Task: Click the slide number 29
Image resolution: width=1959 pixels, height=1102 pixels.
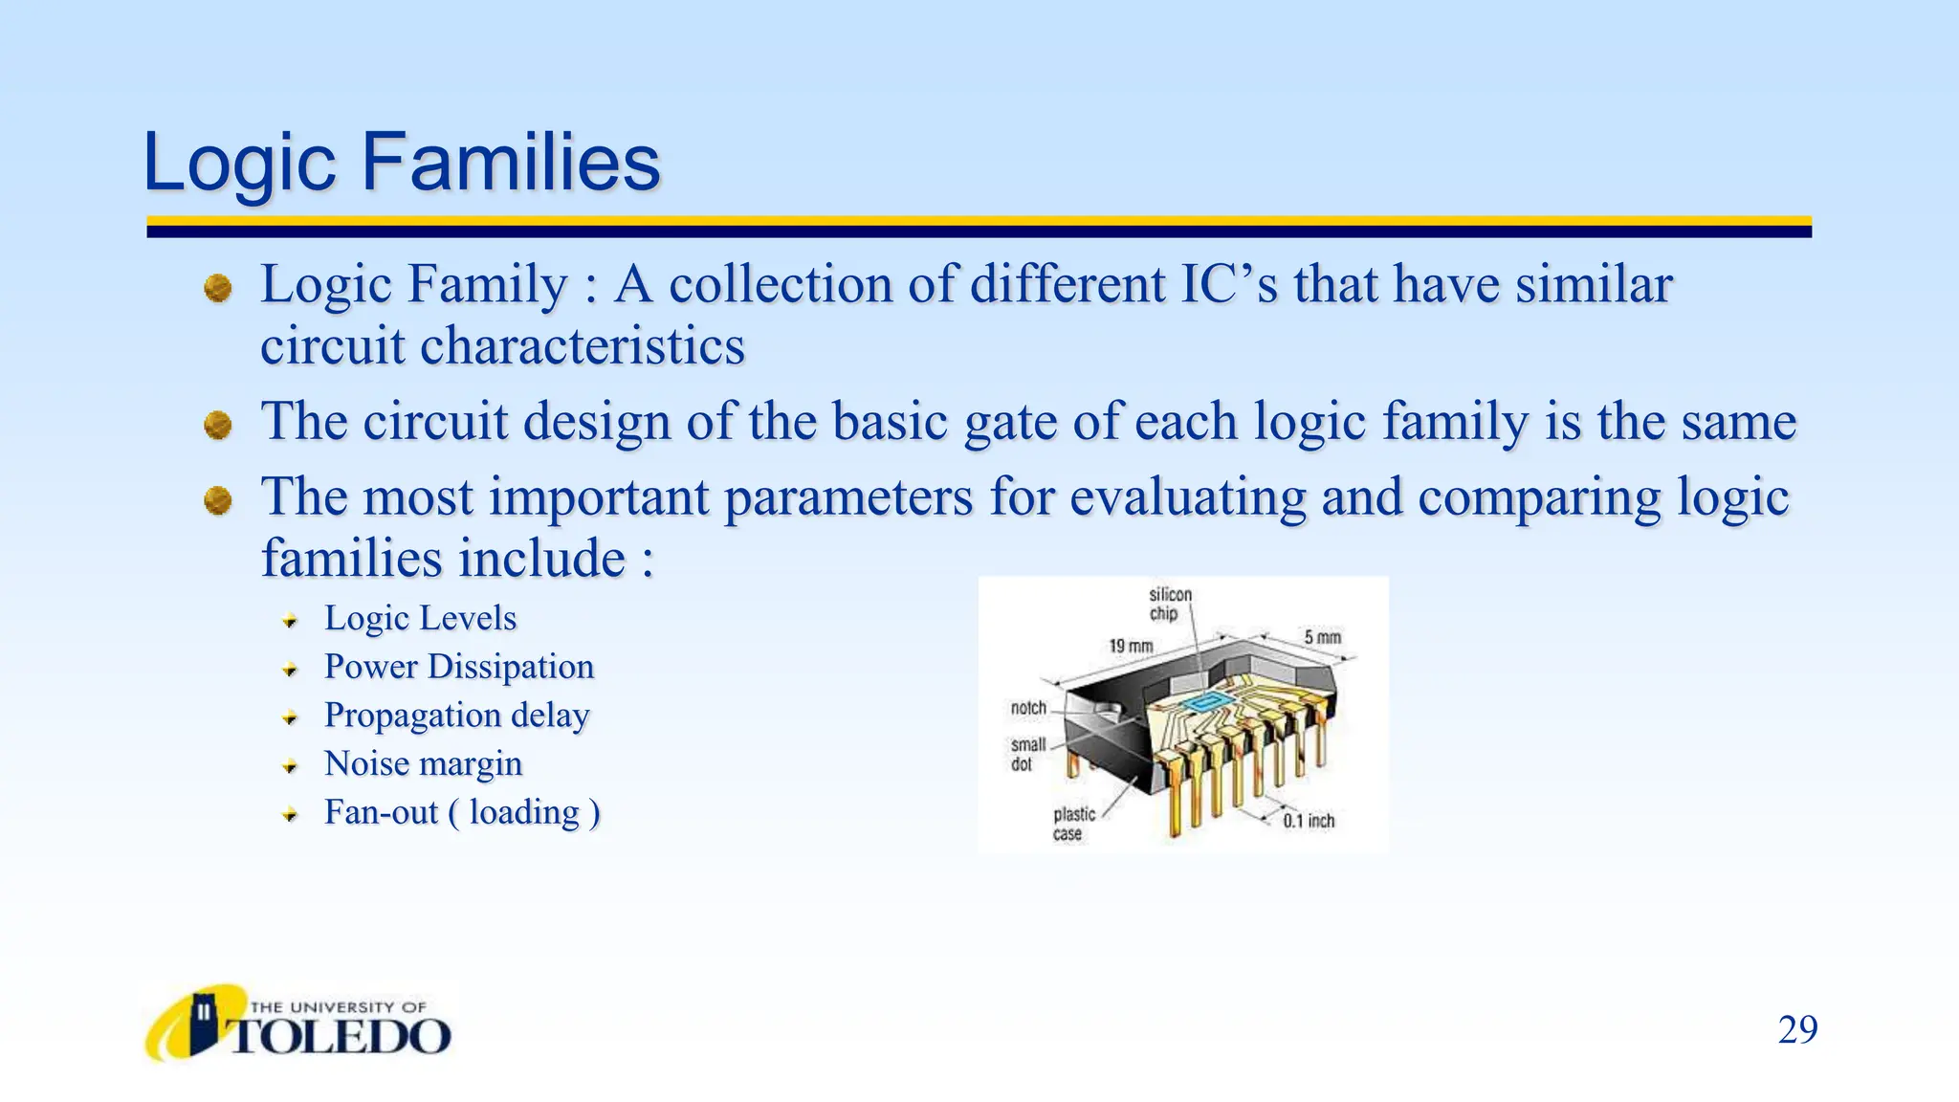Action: click(x=1796, y=1030)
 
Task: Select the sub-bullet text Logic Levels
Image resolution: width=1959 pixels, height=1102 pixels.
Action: click(x=420, y=618)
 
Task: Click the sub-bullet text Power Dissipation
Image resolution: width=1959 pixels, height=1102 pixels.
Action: click(x=458, y=667)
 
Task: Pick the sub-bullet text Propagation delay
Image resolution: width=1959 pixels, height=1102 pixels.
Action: click(x=456, y=716)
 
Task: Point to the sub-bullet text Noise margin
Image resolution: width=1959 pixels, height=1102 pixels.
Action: click(x=423, y=763)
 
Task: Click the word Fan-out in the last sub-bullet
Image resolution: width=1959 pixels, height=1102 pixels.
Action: click(x=381, y=812)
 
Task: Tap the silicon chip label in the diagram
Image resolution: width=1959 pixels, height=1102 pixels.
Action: click(x=1170, y=604)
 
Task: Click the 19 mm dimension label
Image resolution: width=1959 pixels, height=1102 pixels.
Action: click(x=1131, y=647)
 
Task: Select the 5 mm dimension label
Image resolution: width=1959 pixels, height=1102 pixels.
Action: click(x=1322, y=637)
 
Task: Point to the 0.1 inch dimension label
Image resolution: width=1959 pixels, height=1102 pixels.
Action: click(x=1308, y=821)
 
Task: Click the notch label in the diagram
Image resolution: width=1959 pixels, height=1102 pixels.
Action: click(x=1028, y=708)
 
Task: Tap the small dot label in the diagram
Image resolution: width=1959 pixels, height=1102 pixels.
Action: click(x=1027, y=754)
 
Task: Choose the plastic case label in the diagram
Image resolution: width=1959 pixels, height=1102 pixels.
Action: click(x=1073, y=824)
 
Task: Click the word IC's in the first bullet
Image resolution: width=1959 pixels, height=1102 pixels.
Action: click(x=1228, y=285)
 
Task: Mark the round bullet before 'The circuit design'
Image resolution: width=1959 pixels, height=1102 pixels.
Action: click(x=218, y=425)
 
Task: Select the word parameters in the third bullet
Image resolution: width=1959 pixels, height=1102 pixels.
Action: click(x=847, y=497)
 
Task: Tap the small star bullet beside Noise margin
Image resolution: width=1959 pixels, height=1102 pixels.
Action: click(x=290, y=765)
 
